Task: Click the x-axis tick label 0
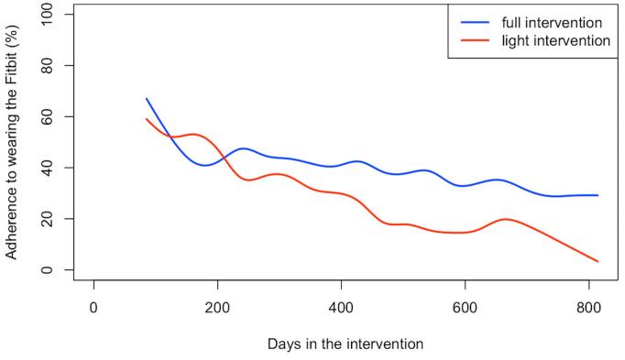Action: pos(93,306)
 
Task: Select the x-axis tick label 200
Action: pos(217,306)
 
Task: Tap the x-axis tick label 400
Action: pos(341,306)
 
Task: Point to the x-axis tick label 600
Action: pos(465,306)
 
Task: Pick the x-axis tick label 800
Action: pos(588,306)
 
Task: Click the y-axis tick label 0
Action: pos(58,270)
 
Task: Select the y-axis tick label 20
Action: pos(58,219)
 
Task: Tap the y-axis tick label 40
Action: pos(58,168)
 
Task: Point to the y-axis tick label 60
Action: pos(58,116)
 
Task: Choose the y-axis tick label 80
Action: pos(58,66)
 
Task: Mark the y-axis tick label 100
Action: pos(58,15)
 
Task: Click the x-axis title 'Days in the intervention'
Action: pos(345,344)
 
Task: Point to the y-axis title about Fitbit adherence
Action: pos(12,142)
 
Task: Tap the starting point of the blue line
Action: pos(146,98)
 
